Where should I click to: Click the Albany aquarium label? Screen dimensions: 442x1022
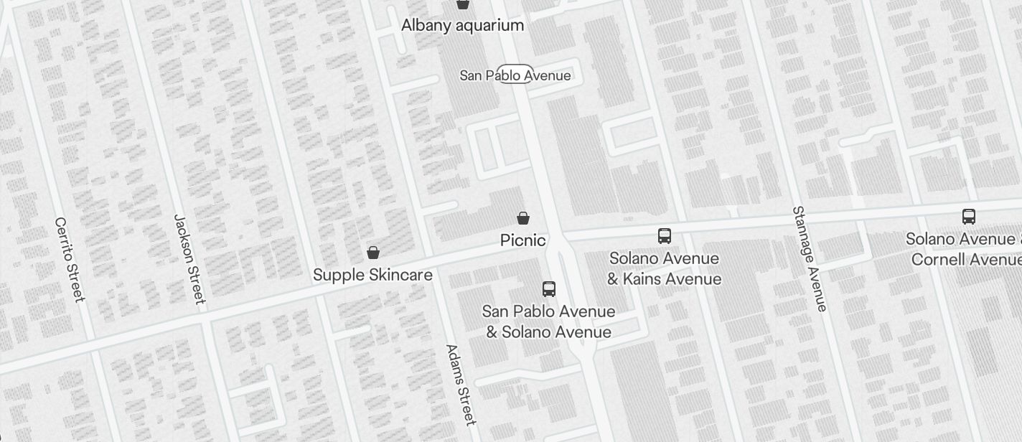pos(462,26)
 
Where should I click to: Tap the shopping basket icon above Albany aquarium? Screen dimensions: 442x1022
pos(463,4)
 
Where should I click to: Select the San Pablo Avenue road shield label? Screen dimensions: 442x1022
pos(515,75)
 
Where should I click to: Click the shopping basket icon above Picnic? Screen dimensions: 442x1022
pos(524,218)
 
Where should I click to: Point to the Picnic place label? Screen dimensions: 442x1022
pos(522,240)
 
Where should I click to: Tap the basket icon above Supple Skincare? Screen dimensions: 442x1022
pos(373,253)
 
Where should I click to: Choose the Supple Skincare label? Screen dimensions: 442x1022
pos(372,275)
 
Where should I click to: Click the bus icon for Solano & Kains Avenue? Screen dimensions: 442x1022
pos(665,236)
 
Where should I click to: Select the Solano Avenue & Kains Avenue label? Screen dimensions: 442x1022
pos(664,268)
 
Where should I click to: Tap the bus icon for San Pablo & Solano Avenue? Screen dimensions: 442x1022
pos(549,289)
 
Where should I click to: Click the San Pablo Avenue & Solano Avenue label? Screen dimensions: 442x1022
pos(548,321)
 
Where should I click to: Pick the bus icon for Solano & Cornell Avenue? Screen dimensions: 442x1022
pos(969,217)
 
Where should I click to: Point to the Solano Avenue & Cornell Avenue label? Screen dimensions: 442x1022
pos(963,249)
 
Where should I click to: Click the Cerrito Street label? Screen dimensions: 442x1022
pos(70,259)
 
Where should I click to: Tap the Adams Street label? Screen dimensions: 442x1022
pos(460,385)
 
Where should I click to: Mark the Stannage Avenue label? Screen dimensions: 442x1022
pos(810,259)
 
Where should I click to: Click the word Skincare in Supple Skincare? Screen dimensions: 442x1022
pos(401,275)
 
